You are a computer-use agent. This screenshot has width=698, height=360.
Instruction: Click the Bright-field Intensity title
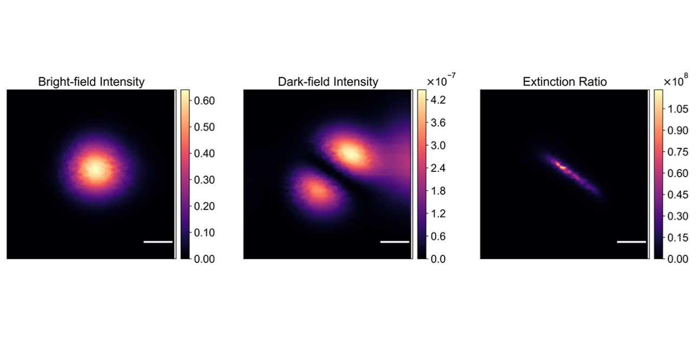coord(91,82)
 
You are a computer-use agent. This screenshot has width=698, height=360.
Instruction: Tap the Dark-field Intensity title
coord(328,82)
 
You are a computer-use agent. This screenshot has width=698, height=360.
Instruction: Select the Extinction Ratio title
coord(565,82)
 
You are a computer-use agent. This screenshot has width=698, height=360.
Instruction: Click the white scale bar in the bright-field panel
coord(158,242)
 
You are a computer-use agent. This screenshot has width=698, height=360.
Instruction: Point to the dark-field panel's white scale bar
coord(395,242)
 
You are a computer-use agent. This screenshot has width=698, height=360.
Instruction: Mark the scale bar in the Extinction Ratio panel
coord(631,242)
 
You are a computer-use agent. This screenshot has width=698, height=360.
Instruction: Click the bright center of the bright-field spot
coord(96,169)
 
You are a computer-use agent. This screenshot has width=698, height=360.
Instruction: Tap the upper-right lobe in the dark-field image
coord(351,154)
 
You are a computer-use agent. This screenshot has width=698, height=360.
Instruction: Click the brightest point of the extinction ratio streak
coord(563,167)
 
